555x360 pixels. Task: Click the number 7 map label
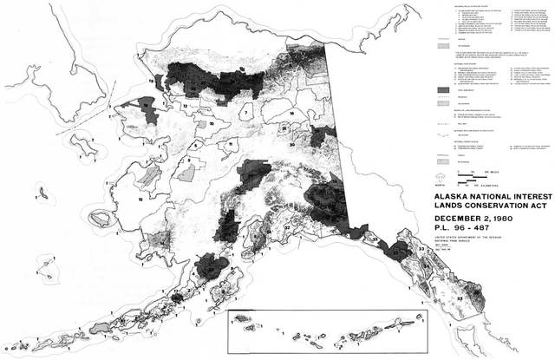point(246,112)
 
